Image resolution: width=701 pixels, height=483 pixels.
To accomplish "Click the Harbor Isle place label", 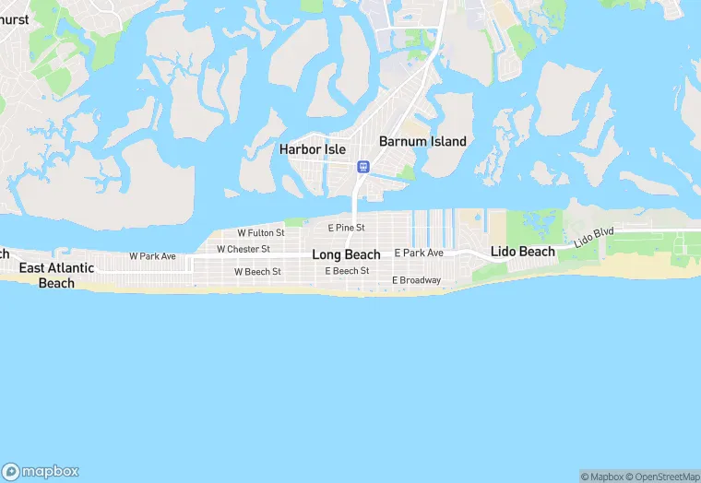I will pyautogui.click(x=313, y=149).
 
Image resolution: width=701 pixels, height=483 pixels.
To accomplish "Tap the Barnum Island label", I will pyautogui.click(x=422, y=142).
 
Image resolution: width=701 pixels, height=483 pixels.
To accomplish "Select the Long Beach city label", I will pyautogui.click(x=346, y=255).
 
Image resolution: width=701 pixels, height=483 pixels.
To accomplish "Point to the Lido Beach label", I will pyautogui.click(x=523, y=252).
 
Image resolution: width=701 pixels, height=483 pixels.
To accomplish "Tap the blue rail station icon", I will pyautogui.click(x=363, y=167).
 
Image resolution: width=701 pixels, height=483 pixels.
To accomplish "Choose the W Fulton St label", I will pyautogui.click(x=260, y=234).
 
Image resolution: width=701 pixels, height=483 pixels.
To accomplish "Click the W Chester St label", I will pyautogui.click(x=243, y=250).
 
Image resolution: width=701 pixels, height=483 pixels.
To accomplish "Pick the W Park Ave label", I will pyautogui.click(x=152, y=256).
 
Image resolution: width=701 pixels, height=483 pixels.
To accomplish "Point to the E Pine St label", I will pyautogui.click(x=347, y=228).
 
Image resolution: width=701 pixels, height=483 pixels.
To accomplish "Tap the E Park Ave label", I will pyautogui.click(x=419, y=253).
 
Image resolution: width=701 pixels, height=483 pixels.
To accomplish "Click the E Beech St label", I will pyautogui.click(x=347, y=271).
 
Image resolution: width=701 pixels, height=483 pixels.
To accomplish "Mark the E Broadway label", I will pyautogui.click(x=416, y=280).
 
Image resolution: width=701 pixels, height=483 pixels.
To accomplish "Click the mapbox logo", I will pyautogui.click(x=41, y=470).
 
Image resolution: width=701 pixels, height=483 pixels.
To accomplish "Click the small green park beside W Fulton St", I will pyautogui.click(x=295, y=222).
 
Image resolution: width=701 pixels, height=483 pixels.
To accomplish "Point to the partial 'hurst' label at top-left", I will pyautogui.click(x=15, y=19).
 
